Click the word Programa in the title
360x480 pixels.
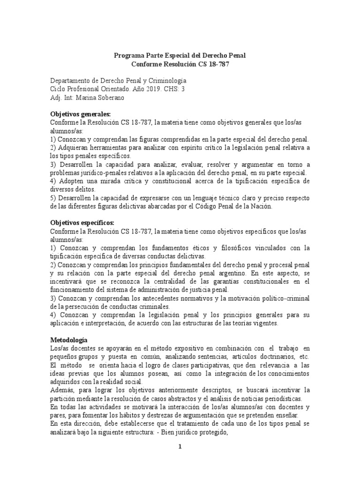(129, 56)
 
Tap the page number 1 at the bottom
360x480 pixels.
(180, 447)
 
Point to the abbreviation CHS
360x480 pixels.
(169, 89)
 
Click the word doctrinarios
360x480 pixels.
(269, 356)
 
